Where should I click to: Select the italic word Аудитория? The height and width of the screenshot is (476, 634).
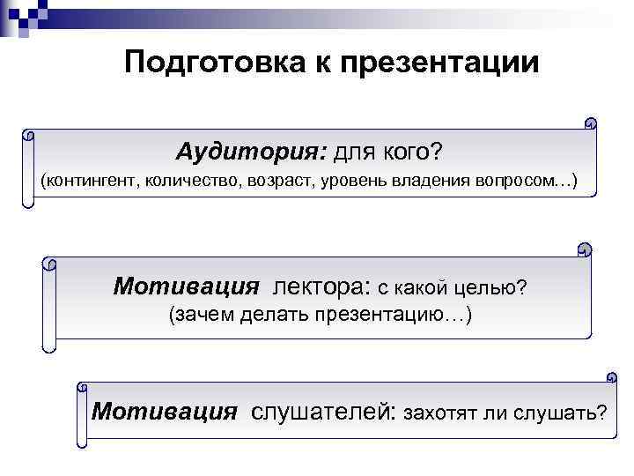[x=251, y=152]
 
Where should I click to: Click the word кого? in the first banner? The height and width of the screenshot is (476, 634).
[x=413, y=152]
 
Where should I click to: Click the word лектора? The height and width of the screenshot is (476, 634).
[x=321, y=286]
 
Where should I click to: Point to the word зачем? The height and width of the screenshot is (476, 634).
[x=198, y=315]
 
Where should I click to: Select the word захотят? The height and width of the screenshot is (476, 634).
[x=439, y=412]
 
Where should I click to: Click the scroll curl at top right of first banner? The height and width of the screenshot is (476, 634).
[x=591, y=124]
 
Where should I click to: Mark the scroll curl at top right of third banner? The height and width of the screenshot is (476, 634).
[x=610, y=377]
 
